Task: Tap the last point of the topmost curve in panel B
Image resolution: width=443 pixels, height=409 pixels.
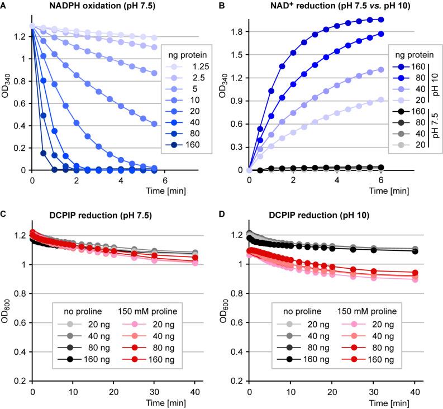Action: [x=381, y=20]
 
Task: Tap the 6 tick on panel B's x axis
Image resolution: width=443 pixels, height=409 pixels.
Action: [x=381, y=179]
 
